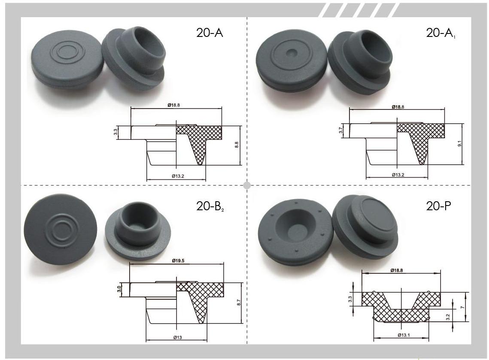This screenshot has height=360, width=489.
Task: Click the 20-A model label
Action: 210,33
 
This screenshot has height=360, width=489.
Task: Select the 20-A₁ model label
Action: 440,33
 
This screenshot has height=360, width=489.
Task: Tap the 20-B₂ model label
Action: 210,206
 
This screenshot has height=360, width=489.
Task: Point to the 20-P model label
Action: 438,206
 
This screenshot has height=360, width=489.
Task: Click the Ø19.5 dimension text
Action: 178,260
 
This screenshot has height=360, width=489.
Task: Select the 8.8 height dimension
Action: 237,145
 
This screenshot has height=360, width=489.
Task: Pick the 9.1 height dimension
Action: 459,143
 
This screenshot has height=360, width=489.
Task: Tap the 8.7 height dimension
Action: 239,302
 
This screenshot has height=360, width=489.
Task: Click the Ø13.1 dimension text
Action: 404,335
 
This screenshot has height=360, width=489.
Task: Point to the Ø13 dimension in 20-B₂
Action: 177,337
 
